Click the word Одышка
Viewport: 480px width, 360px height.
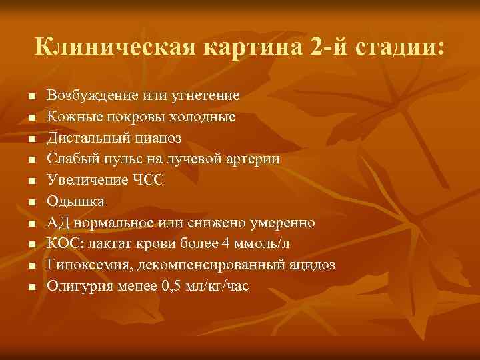75,201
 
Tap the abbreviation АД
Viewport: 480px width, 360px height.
58,222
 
